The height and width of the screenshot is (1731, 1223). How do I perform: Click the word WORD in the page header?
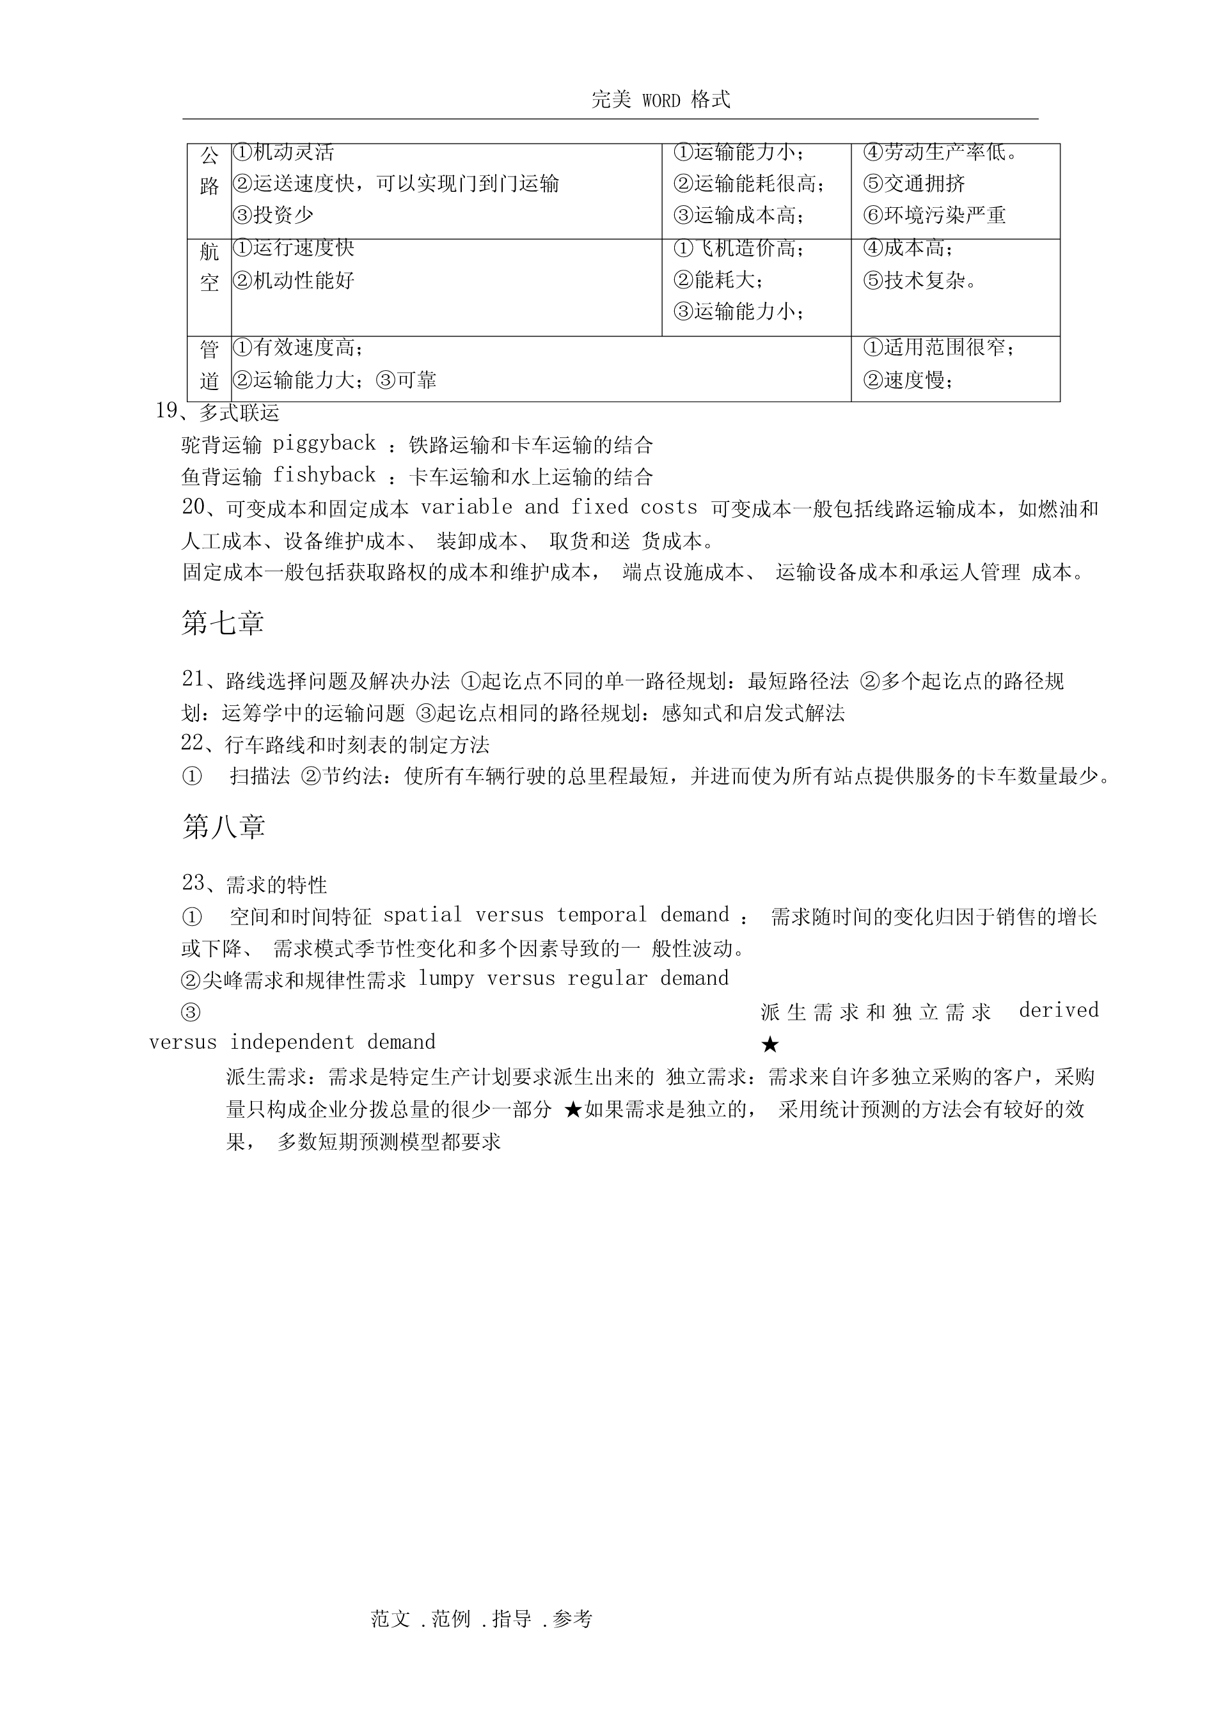pyautogui.click(x=661, y=100)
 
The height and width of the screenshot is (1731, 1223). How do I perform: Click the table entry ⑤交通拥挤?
pyautogui.click(x=914, y=183)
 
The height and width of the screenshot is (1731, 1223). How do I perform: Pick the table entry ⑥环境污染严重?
pyautogui.click(x=935, y=215)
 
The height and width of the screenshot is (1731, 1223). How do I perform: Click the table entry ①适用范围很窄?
pyautogui.click(x=939, y=348)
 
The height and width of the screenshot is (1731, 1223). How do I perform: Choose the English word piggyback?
pyautogui.click(x=324, y=443)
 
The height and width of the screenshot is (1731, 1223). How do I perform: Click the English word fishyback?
pyautogui.click(x=324, y=475)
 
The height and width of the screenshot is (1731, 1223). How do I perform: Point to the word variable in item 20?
pyautogui.click(x=466, y=507)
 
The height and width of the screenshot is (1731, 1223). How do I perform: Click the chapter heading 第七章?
pyautogui.click(x=223, y=623)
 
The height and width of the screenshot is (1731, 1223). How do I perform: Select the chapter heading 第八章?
pyautogui.click(x=223, y=827)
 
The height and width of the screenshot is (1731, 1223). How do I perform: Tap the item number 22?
pyautogui.click(x=193, y=744)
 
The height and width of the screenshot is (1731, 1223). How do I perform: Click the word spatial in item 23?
pyautogui.click(x=422, y=915)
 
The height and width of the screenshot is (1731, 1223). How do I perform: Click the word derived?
pyautogui.click(x=1059, y=1010)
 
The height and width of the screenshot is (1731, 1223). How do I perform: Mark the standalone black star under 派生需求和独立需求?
pyautogui.click(x=770, y=1045)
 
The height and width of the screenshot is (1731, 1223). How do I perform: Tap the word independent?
pyautogui.click(x=292, y=1043)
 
